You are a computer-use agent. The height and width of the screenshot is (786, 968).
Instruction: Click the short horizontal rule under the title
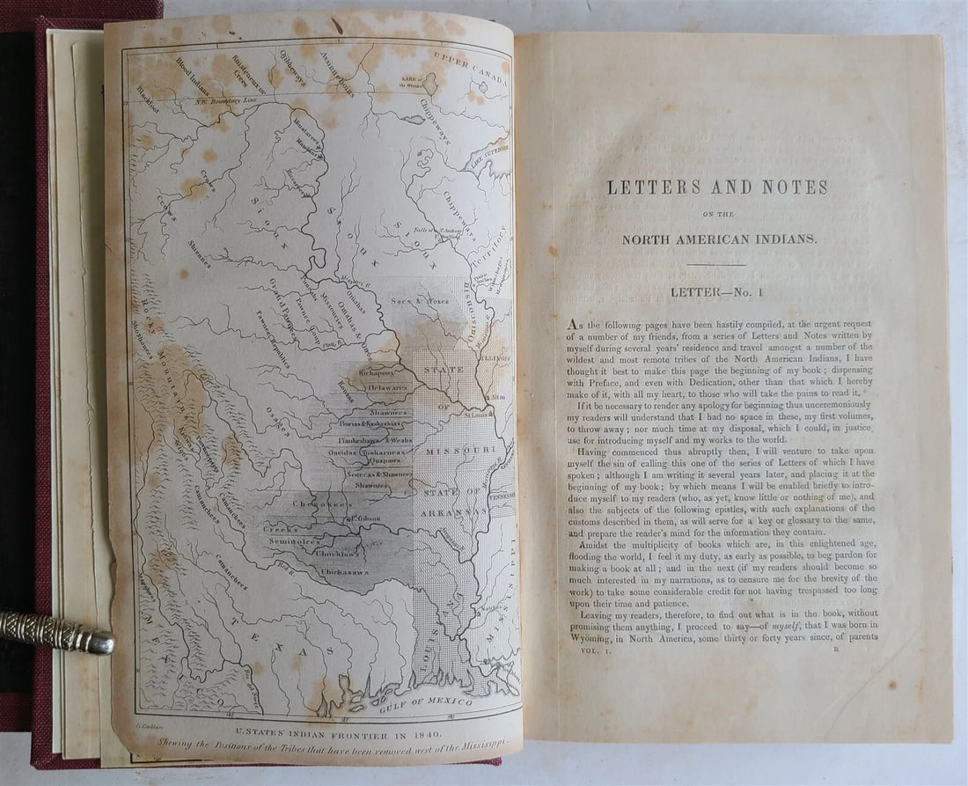tap(715, 264)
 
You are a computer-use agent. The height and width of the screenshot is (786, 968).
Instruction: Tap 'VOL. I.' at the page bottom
tap(591, 650)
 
